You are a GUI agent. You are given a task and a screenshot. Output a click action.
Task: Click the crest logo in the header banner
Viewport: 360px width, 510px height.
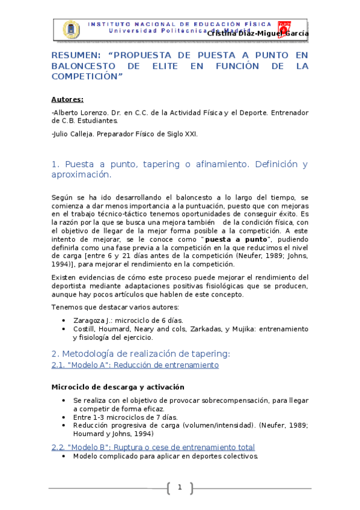click(70, 29)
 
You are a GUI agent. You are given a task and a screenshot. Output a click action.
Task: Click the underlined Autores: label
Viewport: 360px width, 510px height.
click(67, 99)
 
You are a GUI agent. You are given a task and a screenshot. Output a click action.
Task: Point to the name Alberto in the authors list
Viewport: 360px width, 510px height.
click(69, 112)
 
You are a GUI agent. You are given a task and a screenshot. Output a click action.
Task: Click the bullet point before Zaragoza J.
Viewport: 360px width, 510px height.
click(64, 321)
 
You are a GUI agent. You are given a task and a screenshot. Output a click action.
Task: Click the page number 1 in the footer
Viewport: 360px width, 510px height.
click(180, 487)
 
